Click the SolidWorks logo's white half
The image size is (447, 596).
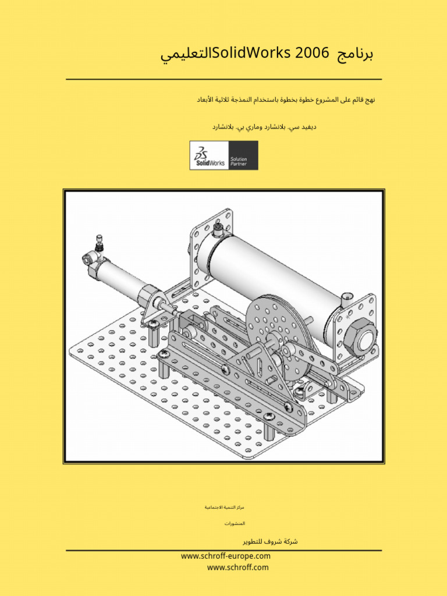coord(210,155)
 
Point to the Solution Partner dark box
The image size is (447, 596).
coord(243,155)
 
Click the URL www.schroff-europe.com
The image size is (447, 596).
coord(226,556)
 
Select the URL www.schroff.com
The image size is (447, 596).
coord(237,567)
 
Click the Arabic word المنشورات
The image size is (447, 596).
coord(235,524)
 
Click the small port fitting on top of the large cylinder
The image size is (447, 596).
coord(218,231)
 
